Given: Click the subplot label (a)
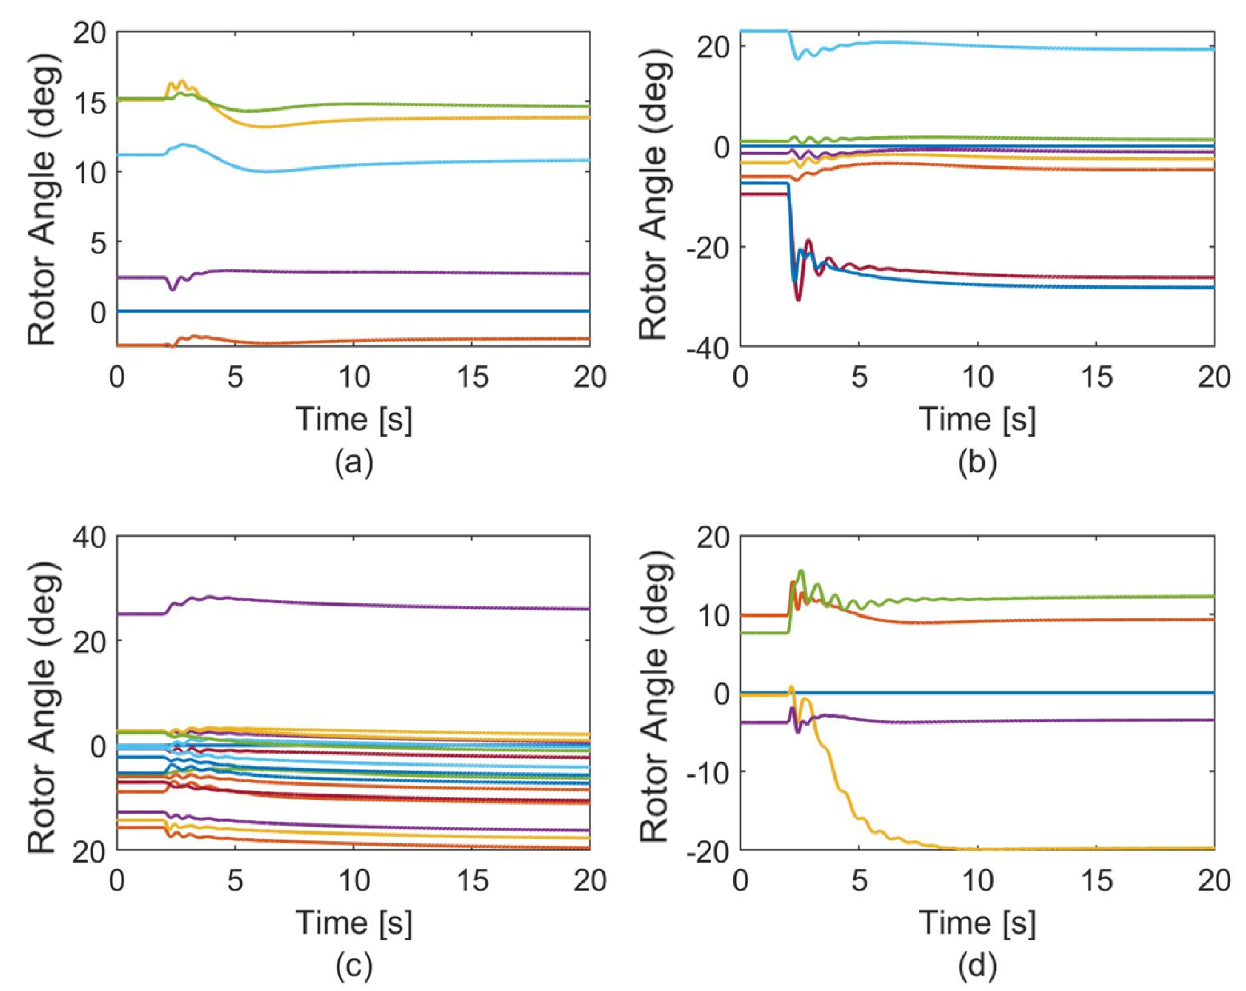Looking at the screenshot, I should tap(354, 462).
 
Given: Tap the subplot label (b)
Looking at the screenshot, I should tap(977, 462).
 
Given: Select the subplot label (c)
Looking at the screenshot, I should tap(354, 966).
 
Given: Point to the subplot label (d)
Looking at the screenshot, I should tap(977, 966).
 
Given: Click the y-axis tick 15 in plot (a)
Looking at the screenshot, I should tap(90, 103).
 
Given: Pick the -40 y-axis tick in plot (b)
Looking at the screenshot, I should tap(706, 347).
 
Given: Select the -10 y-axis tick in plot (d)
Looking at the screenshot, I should tap(706, 772).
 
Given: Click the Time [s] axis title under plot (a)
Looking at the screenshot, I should tap(354, 419).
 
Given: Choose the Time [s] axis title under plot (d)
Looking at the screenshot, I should tap(977, 922).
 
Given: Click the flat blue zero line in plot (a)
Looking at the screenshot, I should tap(405, 311).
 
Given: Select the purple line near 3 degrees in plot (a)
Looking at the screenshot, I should tap(405, 272).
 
